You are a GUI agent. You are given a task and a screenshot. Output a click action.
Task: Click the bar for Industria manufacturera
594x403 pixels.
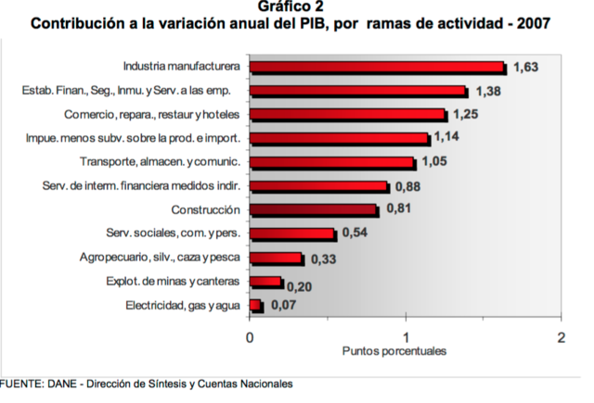(x=377, y=67)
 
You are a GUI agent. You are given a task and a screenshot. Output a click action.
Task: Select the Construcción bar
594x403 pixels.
(x=314, y=210)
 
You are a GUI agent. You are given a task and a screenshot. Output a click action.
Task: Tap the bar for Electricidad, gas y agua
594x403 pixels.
(x=256, y=306)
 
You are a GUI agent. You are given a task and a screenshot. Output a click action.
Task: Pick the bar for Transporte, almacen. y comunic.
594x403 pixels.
(x=332, y=162)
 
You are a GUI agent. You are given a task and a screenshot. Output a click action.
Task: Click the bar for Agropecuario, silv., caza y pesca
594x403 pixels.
(x=276, y=258)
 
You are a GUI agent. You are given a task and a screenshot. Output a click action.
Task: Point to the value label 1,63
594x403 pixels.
(x=525, y=68)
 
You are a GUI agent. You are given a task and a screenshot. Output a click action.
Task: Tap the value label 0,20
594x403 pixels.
(x=299, y=286)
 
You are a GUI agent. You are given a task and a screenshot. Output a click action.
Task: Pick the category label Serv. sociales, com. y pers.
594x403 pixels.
(x=175, y=233)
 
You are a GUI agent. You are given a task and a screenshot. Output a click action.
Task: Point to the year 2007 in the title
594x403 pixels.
(x=532, y=24)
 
